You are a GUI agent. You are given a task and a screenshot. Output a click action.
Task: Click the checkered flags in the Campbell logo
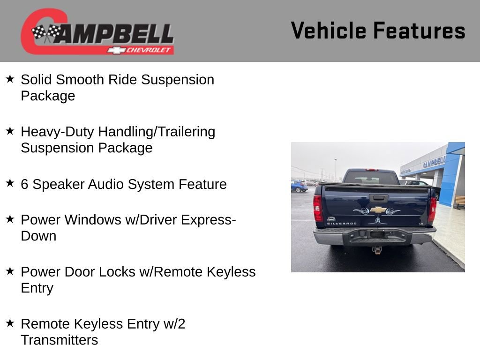tap(46, 33)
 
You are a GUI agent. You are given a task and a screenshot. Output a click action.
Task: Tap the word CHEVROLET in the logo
tap(149, 50)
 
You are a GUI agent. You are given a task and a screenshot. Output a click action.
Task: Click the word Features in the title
tap(419, 31)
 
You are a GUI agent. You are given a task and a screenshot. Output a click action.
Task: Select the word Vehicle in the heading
tap(328, 31)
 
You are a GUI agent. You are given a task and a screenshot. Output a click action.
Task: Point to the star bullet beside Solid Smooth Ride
tap(10, 79)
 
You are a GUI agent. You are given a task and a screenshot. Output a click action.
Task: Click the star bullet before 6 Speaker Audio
tap(10, 183)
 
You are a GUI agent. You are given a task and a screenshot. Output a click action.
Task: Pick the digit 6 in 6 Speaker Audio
tap(24, 184)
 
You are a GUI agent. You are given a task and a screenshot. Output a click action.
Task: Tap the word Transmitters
tap(59, 340)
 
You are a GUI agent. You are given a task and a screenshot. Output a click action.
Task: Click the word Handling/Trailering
tap(157, 132)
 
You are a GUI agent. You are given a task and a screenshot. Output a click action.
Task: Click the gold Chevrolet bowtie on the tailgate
tap(378, 210)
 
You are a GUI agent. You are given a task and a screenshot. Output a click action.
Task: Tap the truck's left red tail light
tap(318, 208)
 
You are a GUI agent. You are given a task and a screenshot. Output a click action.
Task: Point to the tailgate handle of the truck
tap(378, 198)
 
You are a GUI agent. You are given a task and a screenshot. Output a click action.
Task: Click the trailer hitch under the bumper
tap(377, 249)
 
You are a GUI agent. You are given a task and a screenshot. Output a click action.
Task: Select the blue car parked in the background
tap(299, 187)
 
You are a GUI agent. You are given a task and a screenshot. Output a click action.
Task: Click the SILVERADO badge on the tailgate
tap(341, 224)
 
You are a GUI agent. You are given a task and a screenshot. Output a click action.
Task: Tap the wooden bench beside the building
tap(460, 202)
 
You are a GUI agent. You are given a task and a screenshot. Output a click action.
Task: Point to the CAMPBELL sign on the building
tap(434, 162)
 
